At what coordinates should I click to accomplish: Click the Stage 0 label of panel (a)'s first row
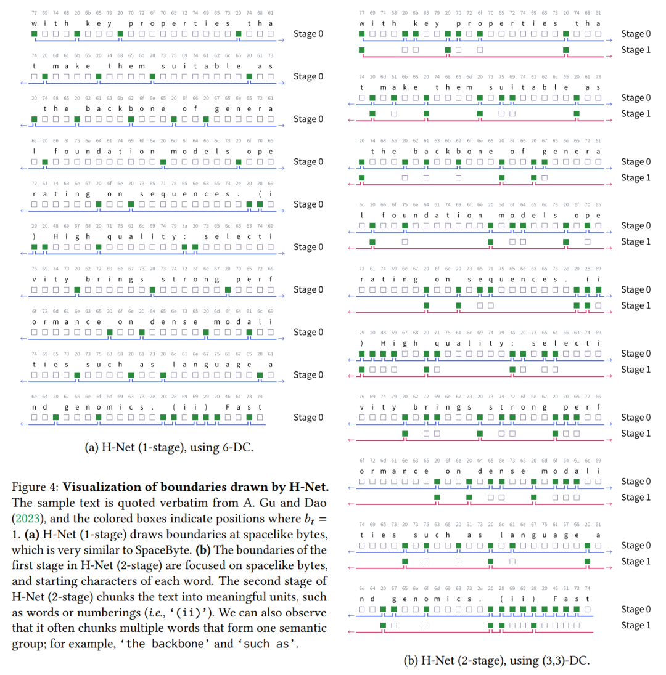[308, 33]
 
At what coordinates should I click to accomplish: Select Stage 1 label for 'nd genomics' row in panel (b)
[635, 625]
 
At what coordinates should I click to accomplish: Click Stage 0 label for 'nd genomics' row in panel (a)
[308, 417]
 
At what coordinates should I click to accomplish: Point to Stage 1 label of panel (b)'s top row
[635, 49]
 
